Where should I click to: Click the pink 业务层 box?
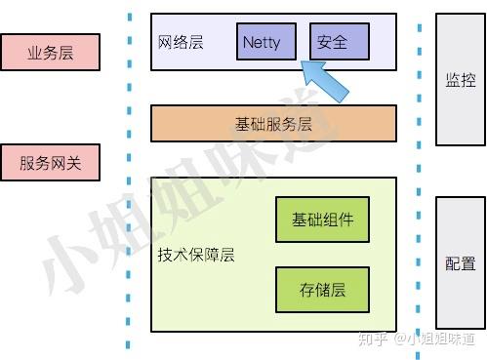[50, 53]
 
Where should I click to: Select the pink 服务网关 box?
[50, 163]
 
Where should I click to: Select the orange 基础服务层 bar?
[273, 124]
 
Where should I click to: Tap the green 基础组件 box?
[321, 220]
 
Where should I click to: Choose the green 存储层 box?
[321, 290]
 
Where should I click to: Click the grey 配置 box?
[460, 263]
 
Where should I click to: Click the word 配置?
[460, 263]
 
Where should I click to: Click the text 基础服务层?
[273, 124]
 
